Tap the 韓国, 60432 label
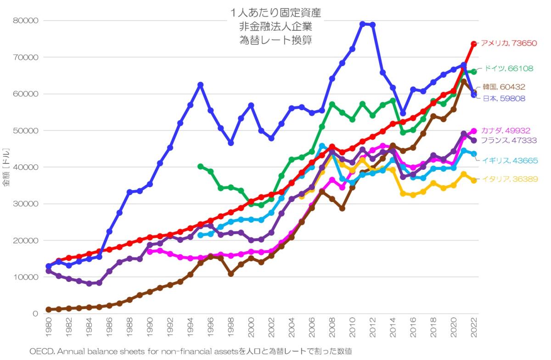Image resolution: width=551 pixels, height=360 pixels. click(x=504, y=87)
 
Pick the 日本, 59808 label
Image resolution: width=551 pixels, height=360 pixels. click(x=504, y=98)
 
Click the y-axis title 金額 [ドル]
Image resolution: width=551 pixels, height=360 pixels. click(x=6, y=167)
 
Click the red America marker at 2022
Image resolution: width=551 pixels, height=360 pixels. click(x=474, y=44)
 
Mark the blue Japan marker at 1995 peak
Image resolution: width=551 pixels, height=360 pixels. click(x=200, y=85)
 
